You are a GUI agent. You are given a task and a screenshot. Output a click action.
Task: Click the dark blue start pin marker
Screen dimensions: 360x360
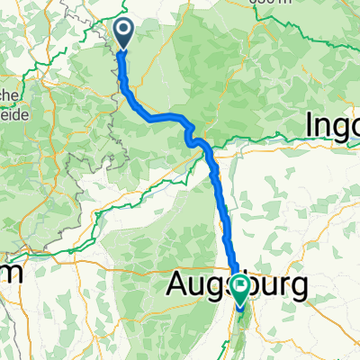click(x=123, y=34)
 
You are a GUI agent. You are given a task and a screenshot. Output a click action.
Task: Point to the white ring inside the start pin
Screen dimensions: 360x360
click(x=123, y=31)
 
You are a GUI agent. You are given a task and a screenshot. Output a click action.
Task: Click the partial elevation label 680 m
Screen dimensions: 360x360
click(x=274, y=4)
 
